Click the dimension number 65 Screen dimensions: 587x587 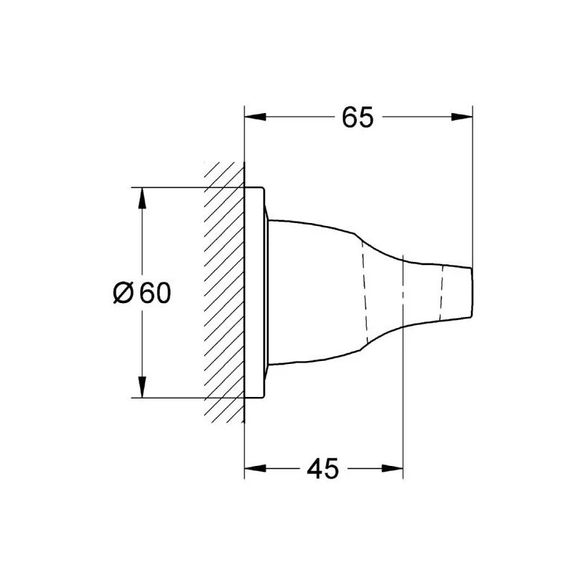(357, 117)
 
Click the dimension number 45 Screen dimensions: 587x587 (323, 468)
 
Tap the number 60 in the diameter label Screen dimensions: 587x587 (156, 293)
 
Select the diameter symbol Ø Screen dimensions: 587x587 (123, 293)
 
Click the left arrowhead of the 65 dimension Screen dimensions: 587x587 (255, 117)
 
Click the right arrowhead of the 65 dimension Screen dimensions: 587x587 (462, 117)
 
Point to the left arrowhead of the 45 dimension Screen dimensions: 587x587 (255, 468)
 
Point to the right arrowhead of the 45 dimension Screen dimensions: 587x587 (393, 468)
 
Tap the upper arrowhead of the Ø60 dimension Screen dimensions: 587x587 (142, 198)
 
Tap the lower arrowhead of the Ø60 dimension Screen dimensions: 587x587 (142, 387)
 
